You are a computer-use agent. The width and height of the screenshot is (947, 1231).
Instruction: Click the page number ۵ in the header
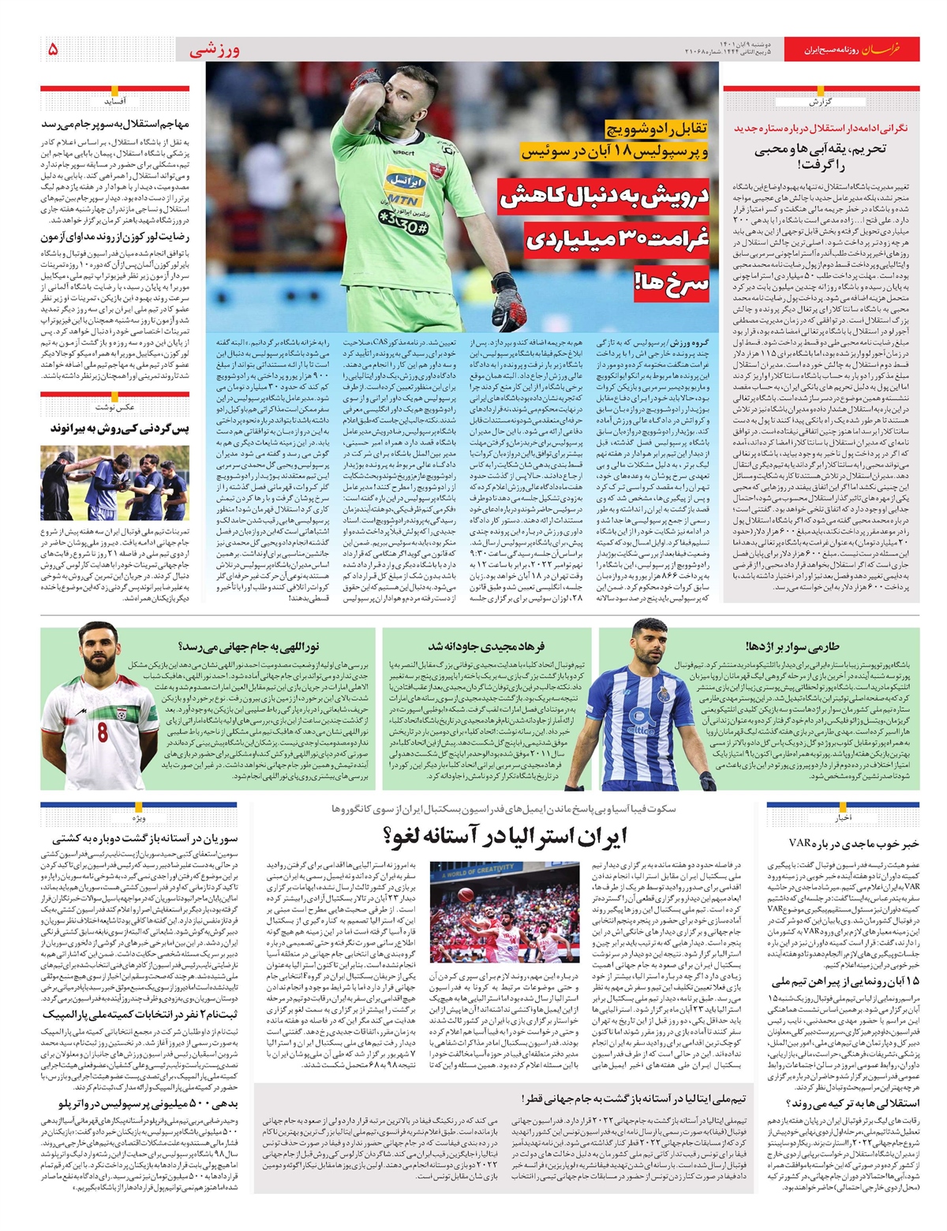pos(52,49)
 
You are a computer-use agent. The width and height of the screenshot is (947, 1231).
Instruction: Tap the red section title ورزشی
pos(215,50)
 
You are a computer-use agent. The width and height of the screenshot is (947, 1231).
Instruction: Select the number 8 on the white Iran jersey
pos(103,731)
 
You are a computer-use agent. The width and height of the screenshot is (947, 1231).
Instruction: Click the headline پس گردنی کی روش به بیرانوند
pos(120,428)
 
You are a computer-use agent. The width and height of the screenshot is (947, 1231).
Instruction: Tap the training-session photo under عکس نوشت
pos(114,483)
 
